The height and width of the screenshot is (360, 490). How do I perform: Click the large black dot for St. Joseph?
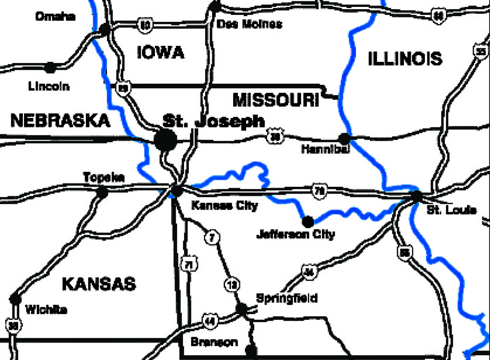coord(166,140)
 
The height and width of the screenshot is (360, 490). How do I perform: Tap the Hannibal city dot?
coord(344,138)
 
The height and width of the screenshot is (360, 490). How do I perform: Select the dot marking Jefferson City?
coord(308,221)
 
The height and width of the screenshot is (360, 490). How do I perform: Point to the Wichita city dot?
coord(15,299)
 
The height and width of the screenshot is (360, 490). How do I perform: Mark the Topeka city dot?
coord(102,192)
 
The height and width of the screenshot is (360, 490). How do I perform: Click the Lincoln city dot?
coord(50,67)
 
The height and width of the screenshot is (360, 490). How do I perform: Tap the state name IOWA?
coord(160,52)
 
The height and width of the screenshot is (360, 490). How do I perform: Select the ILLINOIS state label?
coord(405,59)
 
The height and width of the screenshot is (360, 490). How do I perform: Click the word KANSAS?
coord(99,284)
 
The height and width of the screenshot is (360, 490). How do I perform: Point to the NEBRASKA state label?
coord(60,120)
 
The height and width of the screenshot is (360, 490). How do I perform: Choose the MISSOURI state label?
coord(276,100)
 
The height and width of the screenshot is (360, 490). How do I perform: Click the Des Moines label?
coord(249,24)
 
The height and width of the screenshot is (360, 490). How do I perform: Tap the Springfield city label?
coord(287,298)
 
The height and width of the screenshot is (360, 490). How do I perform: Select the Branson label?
coord(214,342)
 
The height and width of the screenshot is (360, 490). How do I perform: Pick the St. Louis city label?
coord(451,210)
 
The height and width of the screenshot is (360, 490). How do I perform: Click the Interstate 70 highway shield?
coord(319,191)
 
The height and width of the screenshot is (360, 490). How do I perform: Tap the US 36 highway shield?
coord(275,136)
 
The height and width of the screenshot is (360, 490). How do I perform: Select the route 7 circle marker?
coord(211,237)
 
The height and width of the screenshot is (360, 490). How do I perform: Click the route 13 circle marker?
coord(232,284)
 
